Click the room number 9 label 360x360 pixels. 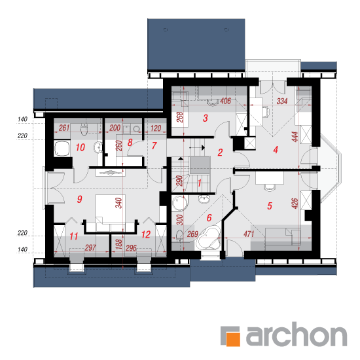click(79, 199)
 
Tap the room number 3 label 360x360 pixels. click(206, 118)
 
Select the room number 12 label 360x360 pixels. click(146, 234)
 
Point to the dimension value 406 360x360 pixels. click(225, 101)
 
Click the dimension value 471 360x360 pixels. click(249, 234)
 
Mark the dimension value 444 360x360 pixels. click(295, 137)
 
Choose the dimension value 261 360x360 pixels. click(64, 128)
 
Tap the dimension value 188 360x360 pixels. click(118, 245)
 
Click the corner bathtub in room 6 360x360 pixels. click(208, 238)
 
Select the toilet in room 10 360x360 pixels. click(84, 129)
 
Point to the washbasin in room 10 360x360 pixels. click(98, 147)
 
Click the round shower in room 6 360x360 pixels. click(180, 203)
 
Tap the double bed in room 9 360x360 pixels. click(111, 213)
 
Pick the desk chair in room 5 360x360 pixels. click(270, 187)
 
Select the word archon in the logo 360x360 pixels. click(297, 334)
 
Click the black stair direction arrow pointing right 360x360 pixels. click(203, 148)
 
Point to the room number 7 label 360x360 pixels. click(154, 145)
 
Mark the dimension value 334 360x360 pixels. click(282, 101)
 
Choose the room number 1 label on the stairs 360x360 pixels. click(199, 183)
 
